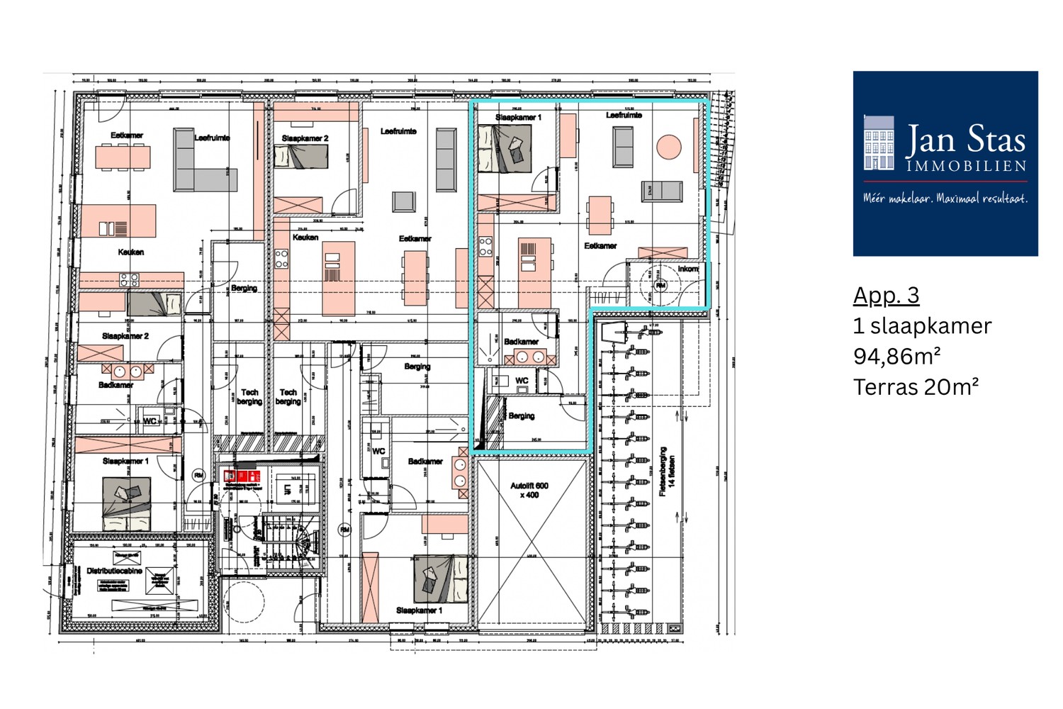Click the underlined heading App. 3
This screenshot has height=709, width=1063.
[x=886, y=295]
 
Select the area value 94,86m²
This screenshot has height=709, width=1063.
[x=896, y=356]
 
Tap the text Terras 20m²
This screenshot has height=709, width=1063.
[x=916, y=387]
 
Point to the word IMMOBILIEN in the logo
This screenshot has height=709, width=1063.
[x=966, y=167]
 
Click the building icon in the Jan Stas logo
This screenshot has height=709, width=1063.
[x=879, y=144]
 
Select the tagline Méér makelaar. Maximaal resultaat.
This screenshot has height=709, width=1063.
[x=945, y=199]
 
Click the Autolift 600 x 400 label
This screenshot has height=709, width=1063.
[x=529, y=490]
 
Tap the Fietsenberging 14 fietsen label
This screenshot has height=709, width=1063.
[x=667, y=471]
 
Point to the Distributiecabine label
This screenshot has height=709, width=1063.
[x=114, y=570]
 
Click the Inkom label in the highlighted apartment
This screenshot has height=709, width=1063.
[x=687, y=269]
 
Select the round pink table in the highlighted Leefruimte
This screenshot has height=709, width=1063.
[x=668, y=147]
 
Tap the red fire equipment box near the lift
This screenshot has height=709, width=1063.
[x=242, y=476]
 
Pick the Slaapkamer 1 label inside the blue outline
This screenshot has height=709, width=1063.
[x=518, y=117]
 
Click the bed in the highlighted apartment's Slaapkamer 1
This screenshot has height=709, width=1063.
[x=504, y=150]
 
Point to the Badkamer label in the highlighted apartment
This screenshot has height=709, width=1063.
[x=521, y=341]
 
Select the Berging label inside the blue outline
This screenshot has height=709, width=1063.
[x=521, y=415]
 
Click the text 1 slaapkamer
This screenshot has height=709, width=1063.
[x=922, y=325]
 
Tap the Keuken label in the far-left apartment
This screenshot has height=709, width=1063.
[x=130, y=252]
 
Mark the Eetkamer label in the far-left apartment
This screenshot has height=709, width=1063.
[x=126, y=135]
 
